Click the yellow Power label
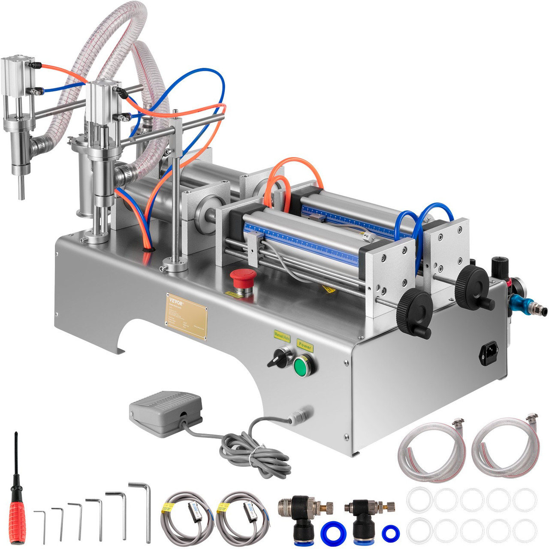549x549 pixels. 305,345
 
